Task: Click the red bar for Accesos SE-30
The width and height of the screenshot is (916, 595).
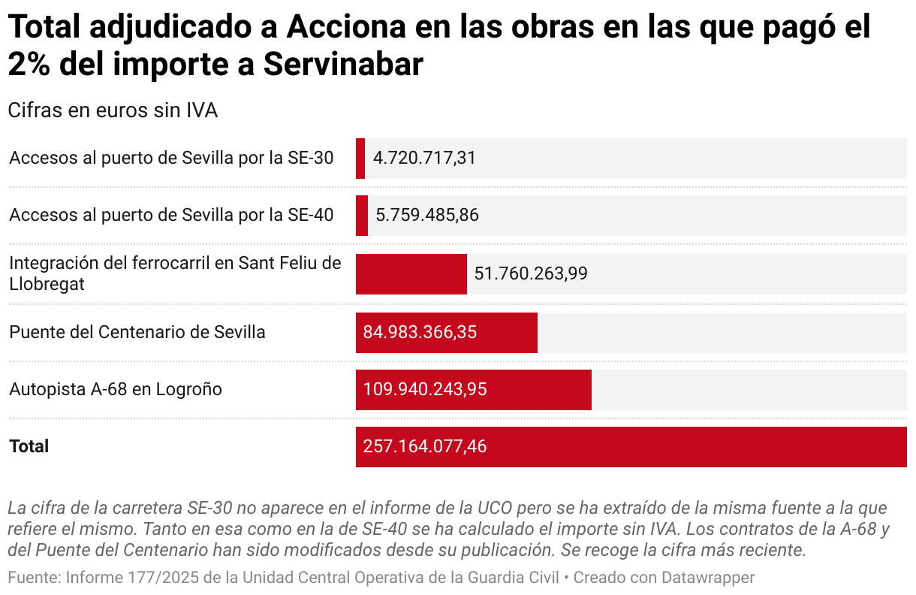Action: pyautogui.click(x=360, y=159)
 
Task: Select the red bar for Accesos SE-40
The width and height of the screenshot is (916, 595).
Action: pyautogui.click(x=362, y=216)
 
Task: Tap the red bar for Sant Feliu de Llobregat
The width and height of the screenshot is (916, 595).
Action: pyautogui.click(x=411, y=274)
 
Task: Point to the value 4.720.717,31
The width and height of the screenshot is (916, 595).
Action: pyautogui.click(x=424, y=159)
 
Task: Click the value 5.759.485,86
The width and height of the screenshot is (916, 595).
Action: pyautogui.click(x=426, y=216)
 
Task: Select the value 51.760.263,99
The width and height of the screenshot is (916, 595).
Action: pyautogui.click(x=530, y=274)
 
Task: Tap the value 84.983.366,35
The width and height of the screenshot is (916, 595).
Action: pyautogui.click(x=420, y=332)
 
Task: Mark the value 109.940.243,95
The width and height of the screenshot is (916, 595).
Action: pyautogui.click(x=425, y=390)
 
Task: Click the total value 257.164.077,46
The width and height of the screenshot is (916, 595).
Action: pyautogui.click(x=425, y=447)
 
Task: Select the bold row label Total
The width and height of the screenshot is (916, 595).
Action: pyautogui.click(x=29, y=446)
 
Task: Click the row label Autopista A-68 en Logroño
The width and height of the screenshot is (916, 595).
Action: pyautogui.click(x=116, y=389)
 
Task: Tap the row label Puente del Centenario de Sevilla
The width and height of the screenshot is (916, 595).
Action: pyautogui.click(x=137, y=332)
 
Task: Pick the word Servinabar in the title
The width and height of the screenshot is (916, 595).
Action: pyautogui.click(x=343, y=65)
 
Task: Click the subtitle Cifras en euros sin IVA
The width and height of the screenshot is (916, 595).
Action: pyautogui.click(x=113, y=110)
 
